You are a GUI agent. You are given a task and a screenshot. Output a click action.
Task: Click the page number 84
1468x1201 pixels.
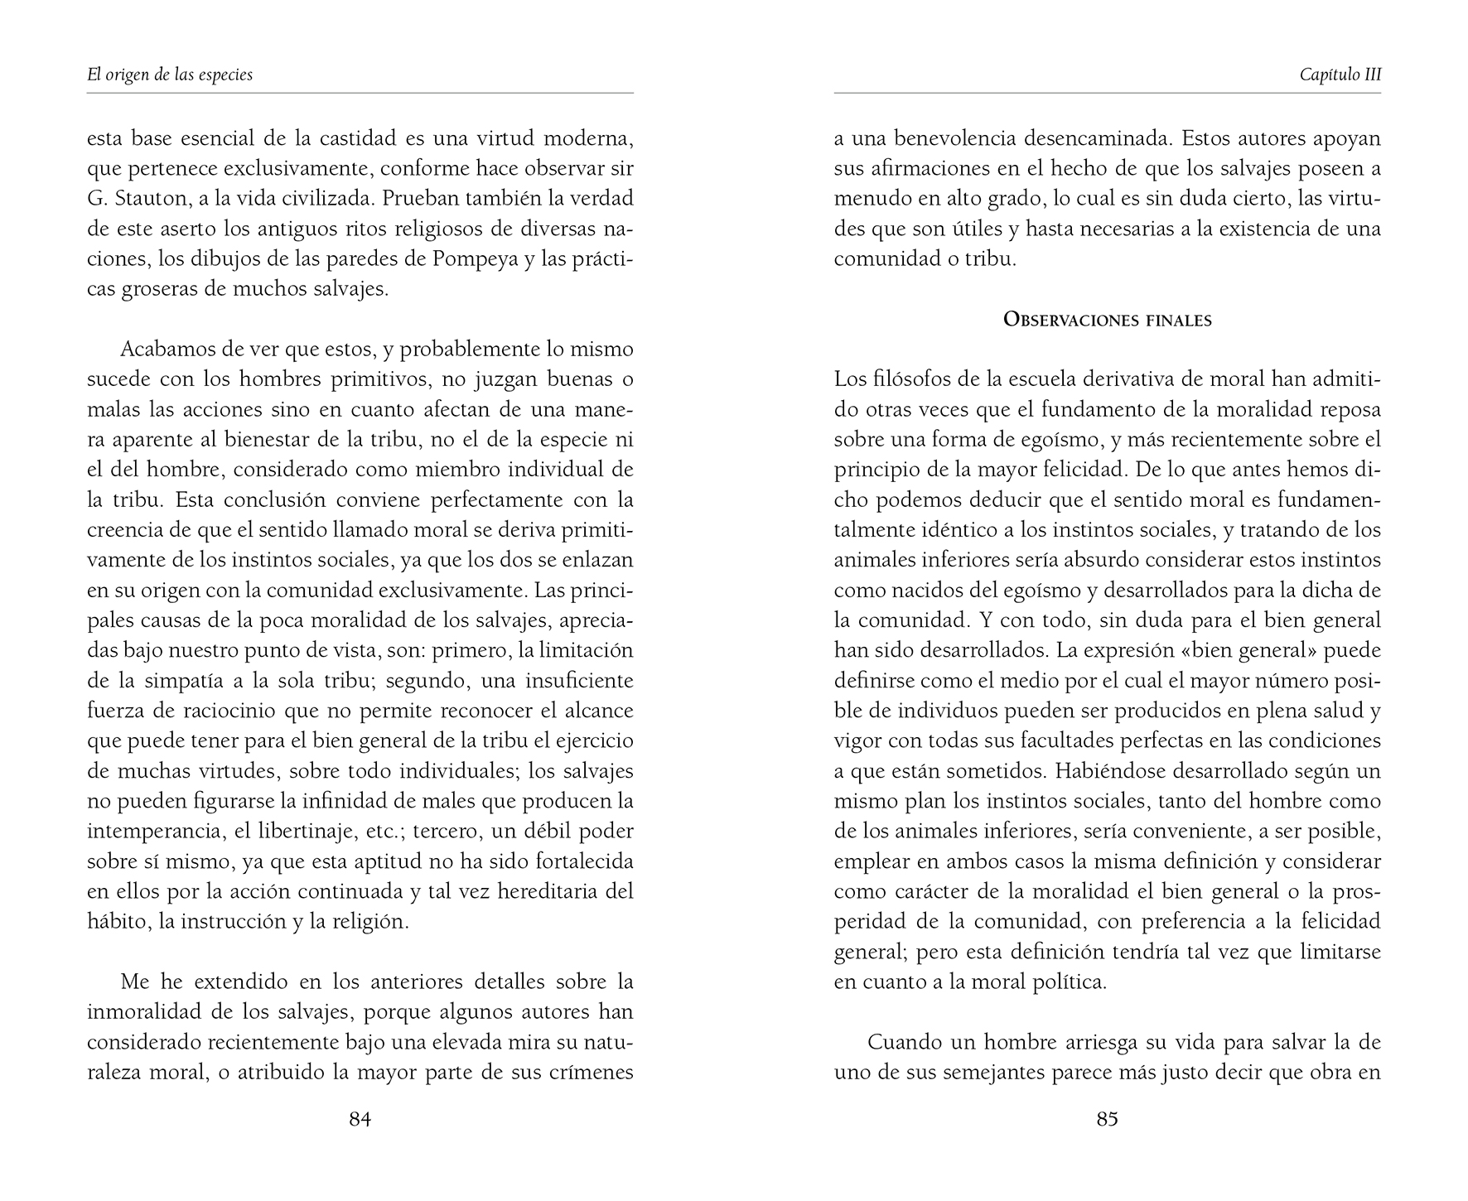pos(360,1120)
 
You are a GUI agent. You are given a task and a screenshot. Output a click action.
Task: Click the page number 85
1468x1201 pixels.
pos(1107,1120)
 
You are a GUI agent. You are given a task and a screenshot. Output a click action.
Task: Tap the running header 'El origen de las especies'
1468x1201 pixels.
pos(170,75)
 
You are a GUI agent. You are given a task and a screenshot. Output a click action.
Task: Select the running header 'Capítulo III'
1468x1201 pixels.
pos(1340,75)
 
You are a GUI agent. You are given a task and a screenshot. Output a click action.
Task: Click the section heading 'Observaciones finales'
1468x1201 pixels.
pos(1107,320)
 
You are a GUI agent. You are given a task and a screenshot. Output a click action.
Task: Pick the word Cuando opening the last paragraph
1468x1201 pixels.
pos(898,1042)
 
